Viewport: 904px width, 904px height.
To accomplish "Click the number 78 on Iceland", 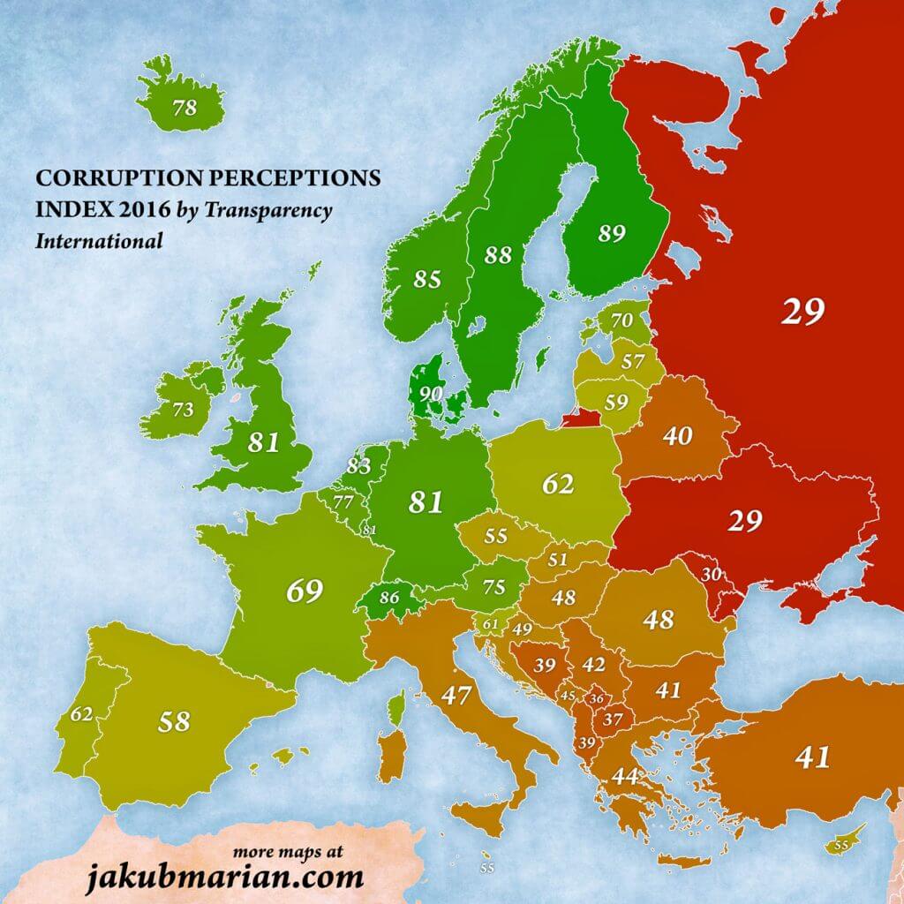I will [185, 109].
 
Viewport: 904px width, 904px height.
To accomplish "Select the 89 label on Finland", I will [611, 234].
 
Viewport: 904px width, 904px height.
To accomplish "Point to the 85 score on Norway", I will [427, 279].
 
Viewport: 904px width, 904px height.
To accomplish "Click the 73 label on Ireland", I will [182, 410].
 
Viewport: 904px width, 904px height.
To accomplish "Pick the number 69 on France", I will [304, 591].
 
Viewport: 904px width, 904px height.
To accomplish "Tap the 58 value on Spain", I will [174, 721].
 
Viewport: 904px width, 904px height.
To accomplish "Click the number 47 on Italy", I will [456, 695].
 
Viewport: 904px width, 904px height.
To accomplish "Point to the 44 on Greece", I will [625, 777].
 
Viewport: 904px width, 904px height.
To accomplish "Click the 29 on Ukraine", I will [744, 521].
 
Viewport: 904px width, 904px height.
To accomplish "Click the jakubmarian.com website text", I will [224, 878].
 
